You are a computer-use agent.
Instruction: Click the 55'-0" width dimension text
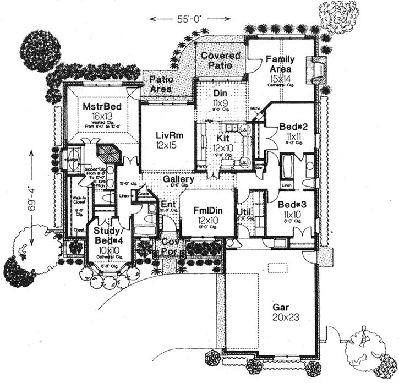tap(179, 19)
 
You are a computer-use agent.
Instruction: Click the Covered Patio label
tap(220, 61)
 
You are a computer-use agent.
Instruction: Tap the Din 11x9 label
tap(220, 98)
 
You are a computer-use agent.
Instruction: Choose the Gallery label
tap(178, 180)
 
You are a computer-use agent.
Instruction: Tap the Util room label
tap(243, 212)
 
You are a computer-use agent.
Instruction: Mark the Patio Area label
tap(162, 84)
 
